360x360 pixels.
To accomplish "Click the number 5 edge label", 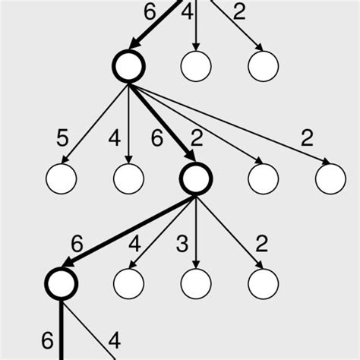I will tap(63, 138).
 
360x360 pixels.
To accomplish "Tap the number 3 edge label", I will tap(182, 245).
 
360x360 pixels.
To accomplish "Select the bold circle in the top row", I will tap(128, 66).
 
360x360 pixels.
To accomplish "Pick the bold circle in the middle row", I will tap(196, 178).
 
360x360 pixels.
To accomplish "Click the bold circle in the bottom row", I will tap(61, 283).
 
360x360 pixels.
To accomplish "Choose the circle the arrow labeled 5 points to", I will tap(61, 178).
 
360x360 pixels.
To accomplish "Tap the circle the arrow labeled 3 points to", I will tap(196, 283).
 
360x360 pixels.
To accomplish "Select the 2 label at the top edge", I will tap(240, 11).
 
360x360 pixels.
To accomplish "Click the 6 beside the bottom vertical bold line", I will tap(47, 339).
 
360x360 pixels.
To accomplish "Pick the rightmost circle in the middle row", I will tap(330, 178).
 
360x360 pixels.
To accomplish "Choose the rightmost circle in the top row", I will tap(264, 66).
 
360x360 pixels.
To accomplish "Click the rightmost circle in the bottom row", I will tap(264, 283).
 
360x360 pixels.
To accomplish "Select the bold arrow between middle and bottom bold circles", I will tap(129, 231).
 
